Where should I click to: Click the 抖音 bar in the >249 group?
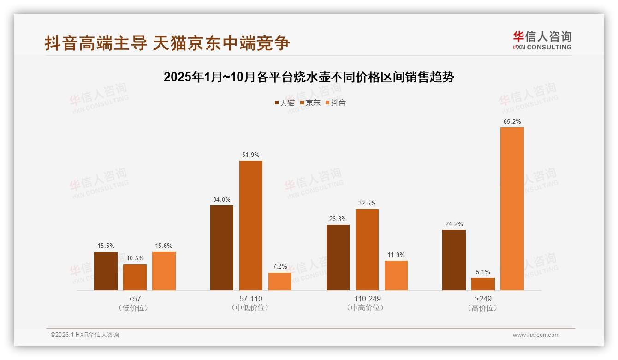(x=512, y=209)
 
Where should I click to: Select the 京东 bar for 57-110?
(x=250, y=225)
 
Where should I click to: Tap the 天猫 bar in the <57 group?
(x=106, y=271)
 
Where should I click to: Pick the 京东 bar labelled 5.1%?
(x=483, y=284)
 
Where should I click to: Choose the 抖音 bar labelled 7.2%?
(x=280, y=282)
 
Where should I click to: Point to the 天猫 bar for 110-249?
(x=338, y=258)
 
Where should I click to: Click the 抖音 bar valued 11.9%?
(x=396, y=276)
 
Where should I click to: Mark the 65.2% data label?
(x=512, y=122)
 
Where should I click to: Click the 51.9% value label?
(x=250, y=155)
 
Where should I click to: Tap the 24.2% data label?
(x=454, y=224)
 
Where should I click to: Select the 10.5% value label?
(x=135, y=258)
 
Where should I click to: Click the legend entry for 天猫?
(x=285, y=103)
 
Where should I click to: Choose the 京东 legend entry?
(x=310, y=103)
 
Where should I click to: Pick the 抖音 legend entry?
(x=336, y=103)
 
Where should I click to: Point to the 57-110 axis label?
(x=250, y=299)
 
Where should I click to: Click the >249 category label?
(x=483, y=299)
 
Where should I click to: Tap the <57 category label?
(x=135, y=299)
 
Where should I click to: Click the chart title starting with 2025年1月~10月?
(x=309, y=77)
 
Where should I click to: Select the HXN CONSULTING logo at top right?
(x=542, y=41)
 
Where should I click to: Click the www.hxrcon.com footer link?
(x=536, y=335)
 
